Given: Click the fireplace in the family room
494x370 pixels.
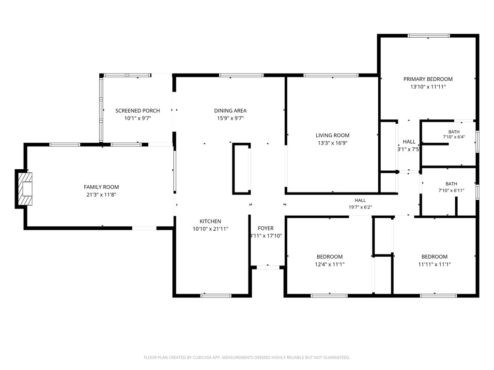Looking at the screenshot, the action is click(25, 189).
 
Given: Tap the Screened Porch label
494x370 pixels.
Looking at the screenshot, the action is click(138, 111).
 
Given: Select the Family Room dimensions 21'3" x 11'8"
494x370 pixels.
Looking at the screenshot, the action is click(101, 195).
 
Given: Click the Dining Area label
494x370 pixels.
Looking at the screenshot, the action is click(231, 111).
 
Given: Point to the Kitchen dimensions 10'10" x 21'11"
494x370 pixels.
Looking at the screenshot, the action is click(211, 229).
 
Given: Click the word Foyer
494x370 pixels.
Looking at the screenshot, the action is click(265, 228).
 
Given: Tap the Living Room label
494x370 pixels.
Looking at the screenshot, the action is click(332, 135).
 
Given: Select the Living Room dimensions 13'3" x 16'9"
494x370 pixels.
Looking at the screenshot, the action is click(332, 143).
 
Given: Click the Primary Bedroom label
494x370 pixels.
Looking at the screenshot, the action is click(428, 79).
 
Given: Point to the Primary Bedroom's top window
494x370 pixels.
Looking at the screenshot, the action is click(429, 36).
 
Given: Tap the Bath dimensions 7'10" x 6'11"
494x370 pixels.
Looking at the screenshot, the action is click(451, 191).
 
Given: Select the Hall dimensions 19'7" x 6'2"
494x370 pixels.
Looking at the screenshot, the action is click(360, 207).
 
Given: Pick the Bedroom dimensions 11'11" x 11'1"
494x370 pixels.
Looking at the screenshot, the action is click(434, 265).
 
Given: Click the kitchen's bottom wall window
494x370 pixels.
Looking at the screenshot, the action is click(216, 296).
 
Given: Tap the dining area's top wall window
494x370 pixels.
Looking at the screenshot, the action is click(241, 75).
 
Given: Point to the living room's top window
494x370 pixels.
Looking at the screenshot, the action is click(331, 75).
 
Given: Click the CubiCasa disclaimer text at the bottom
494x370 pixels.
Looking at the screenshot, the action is click(247, 357).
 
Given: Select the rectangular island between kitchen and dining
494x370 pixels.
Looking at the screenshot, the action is click(242, 169).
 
